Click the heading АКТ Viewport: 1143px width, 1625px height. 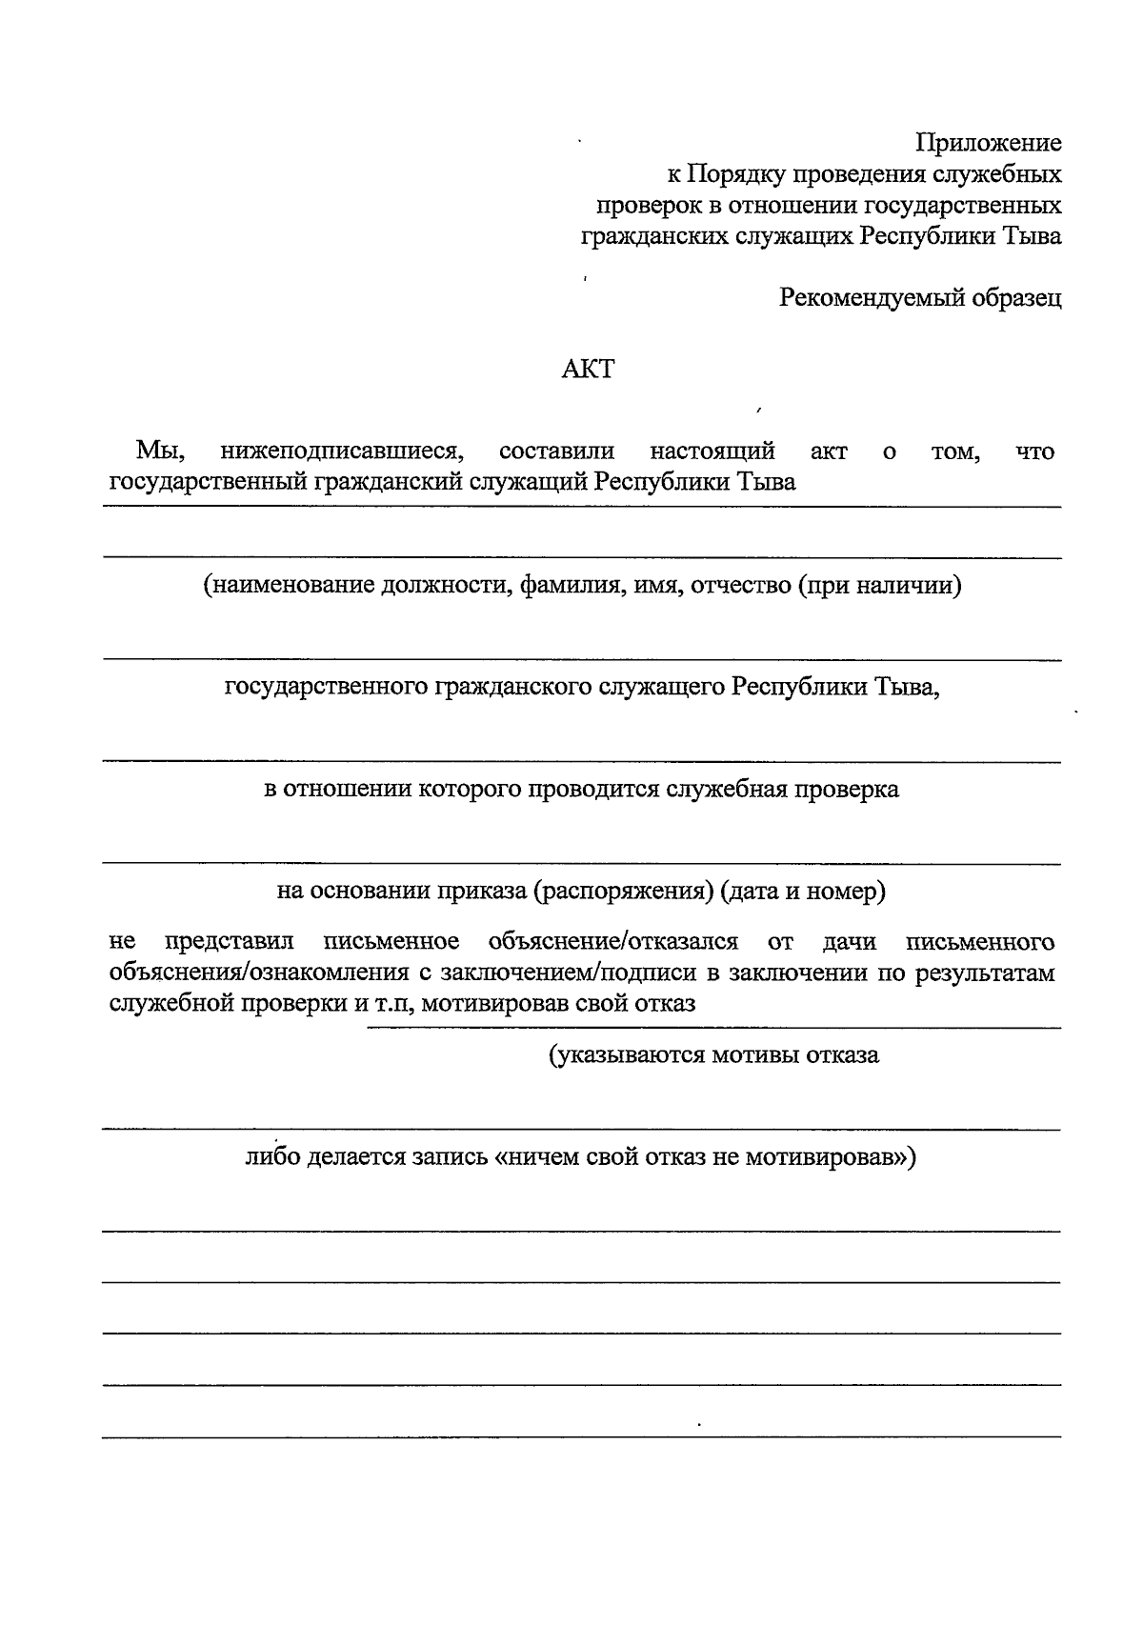click(588, 369)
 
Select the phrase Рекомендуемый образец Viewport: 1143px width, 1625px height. click(920, 298)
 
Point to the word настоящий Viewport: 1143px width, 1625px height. click(712, 451)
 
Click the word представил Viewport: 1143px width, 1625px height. click(229, 942)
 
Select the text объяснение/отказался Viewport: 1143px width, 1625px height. click(612, 942)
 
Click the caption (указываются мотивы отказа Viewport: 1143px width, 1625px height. click(713, 1054)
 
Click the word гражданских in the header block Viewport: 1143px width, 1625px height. click(655, 236)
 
